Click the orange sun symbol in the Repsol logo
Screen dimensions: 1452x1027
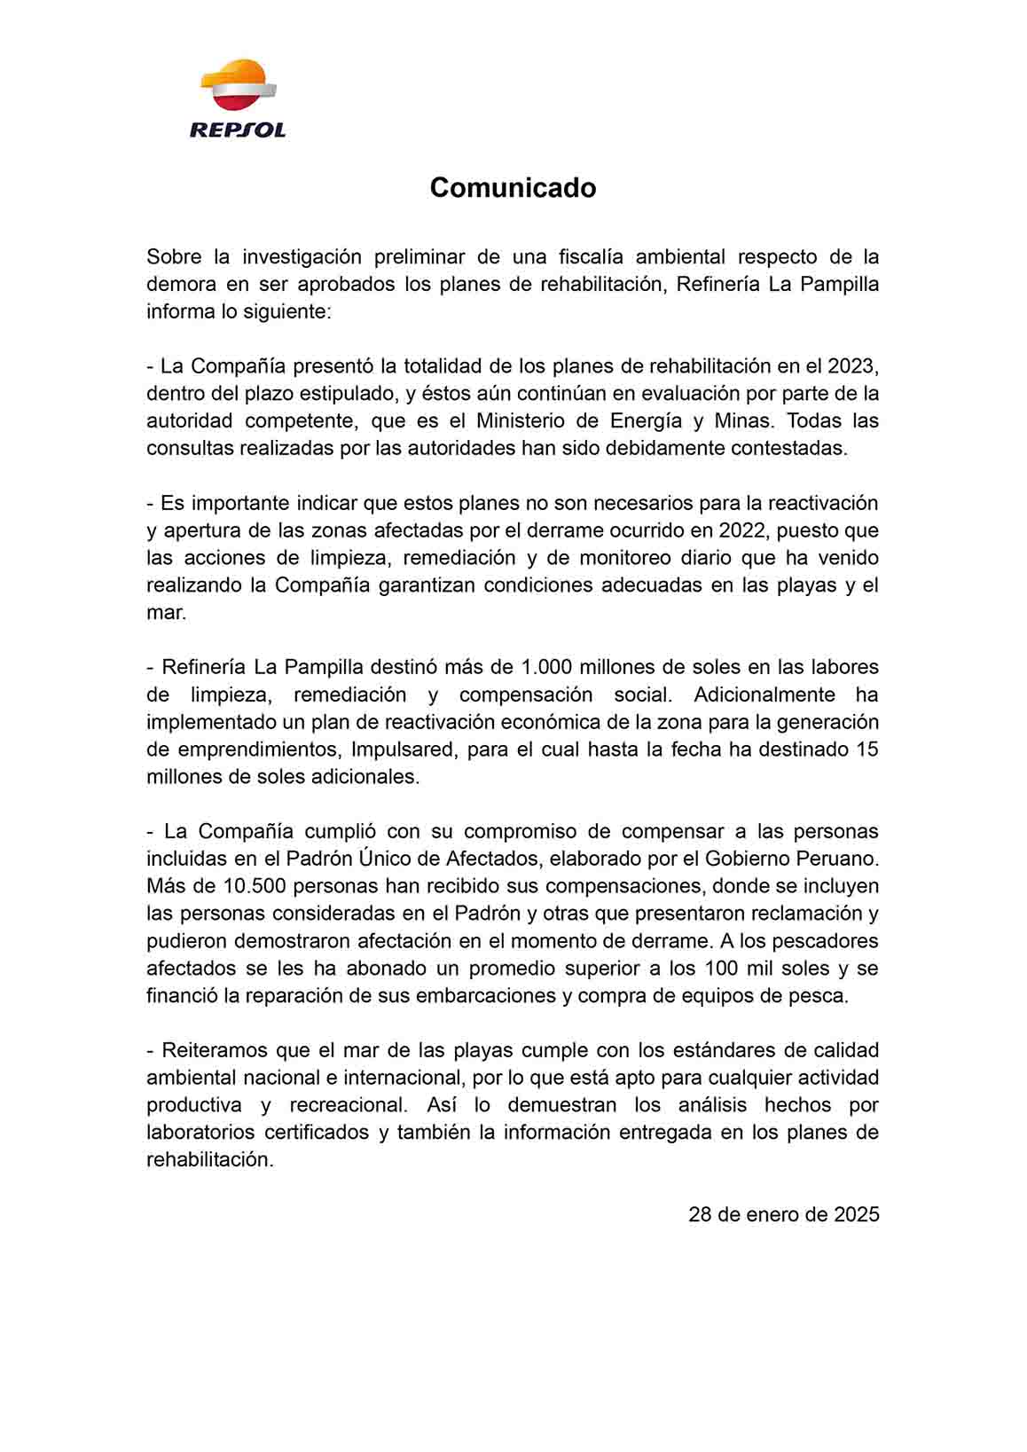click(236, 75)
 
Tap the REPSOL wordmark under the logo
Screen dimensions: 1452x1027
click(238, 130)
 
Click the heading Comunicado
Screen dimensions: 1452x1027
click(513, 188)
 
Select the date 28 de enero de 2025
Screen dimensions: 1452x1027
click(783, 1214)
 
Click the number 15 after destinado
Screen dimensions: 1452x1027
click(866, 750)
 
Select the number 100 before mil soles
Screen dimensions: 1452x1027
click(723, 968)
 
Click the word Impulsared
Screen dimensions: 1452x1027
click(402, 750)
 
